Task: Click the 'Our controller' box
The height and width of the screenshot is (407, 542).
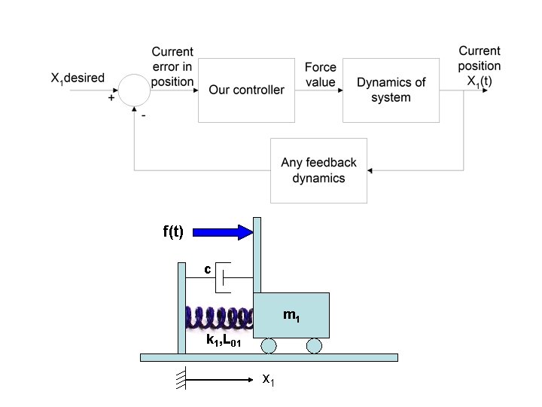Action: (246, 90)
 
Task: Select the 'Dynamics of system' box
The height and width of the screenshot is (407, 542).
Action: (391, 90)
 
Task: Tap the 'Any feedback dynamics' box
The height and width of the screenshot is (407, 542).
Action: (318, 170)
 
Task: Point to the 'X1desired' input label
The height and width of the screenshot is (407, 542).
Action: (78, 78)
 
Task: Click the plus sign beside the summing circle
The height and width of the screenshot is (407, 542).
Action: (111, 98)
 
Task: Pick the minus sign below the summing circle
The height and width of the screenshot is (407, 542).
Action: (144, 115)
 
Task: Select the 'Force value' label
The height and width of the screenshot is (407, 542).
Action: (321, 75)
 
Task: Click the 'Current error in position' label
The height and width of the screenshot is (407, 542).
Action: (172, 66)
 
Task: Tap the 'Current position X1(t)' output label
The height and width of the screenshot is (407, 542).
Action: (480, 66)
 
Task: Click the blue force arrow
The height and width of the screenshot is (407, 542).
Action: (223, 232)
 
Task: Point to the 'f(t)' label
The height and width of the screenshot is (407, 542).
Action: (173, 231)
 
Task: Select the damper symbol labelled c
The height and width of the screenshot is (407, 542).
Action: (220, 277)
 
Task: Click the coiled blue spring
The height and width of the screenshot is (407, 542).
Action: (220, 317)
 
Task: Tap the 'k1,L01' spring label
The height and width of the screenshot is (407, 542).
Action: (224, 340)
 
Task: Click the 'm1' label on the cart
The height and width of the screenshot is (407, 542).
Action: (291, 315)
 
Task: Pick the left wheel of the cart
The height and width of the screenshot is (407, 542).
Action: (269, 346)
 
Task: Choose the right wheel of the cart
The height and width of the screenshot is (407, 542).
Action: (314, 346)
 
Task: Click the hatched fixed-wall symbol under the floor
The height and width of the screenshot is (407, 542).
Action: (181, 378)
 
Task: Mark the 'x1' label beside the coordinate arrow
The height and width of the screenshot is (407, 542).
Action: (268, 380)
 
